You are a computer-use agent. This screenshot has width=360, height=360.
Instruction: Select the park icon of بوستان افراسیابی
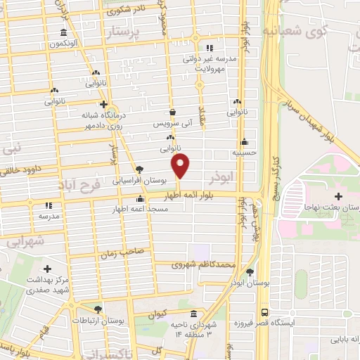pyautogui.click(x=140, y=169)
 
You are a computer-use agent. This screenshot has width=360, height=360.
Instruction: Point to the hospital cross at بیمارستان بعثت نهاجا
pyautogui.click(x=339, y=196)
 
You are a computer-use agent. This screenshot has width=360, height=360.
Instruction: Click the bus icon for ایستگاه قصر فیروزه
pyautogui.click(x=264, y=311)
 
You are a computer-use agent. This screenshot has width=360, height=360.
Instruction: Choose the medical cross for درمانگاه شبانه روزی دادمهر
pyautogui.click(x=103, y=104)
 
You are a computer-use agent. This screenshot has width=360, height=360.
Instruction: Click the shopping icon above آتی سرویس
pyautogui.click(x=173, y=112)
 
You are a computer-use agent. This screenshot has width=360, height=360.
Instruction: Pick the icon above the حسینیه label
pyautogui.click(x=244, y=140)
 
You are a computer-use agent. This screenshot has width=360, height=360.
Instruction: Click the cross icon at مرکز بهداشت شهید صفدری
pyautogui.click(x=47, y=269)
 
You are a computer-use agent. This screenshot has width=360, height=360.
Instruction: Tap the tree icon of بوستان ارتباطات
pyautogui.click(x=98, y=309)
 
